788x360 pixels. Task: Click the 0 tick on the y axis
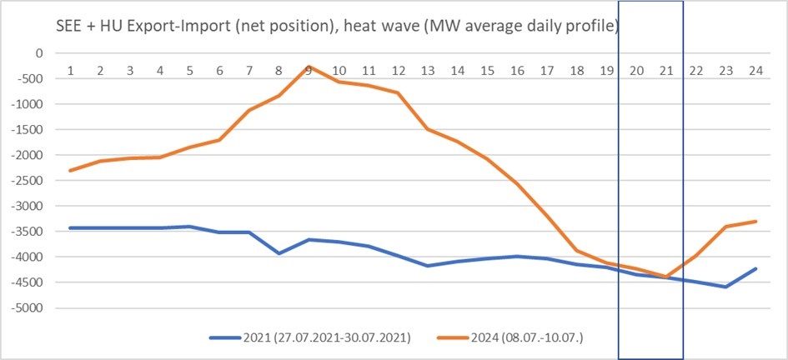click(38, 53)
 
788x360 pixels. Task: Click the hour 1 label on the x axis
click(71, 71)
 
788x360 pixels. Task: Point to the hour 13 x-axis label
click(429, 71)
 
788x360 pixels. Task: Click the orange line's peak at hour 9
click(309, 66)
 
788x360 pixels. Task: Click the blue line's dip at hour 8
click(279, 253)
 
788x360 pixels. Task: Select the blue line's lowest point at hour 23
click(726, 287)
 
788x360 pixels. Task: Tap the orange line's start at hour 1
click(71, 170)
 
